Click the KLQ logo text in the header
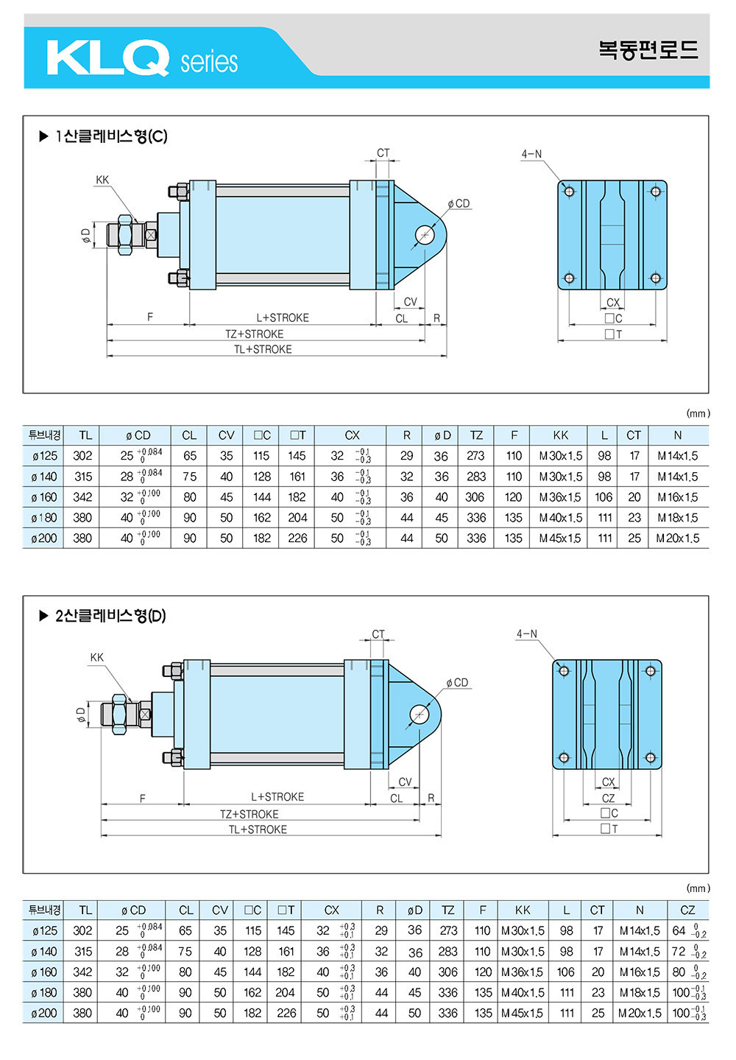click(107, 57)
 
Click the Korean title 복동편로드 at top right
click(648, 49)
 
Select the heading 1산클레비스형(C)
click(111, 137)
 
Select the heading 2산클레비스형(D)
click(110, 616)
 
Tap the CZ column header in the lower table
click(687, 910)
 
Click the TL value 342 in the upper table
click(82, 497)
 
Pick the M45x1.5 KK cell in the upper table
click(560, 538)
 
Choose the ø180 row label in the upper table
click(44, 518)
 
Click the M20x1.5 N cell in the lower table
click(639, 1013)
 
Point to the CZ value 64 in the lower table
click(679, 930)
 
